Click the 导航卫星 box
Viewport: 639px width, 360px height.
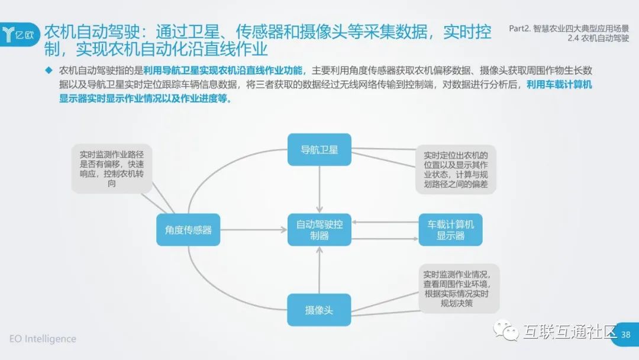coord(319,149)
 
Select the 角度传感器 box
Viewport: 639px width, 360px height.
coord(188,230)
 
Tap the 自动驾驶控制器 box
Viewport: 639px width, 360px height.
coord(319,230)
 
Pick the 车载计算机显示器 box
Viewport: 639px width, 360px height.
coord(450,230)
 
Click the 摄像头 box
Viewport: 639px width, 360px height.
coord(319,310)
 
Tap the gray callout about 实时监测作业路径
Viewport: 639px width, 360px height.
coord(111,168)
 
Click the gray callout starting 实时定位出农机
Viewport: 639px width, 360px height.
coord(456,169)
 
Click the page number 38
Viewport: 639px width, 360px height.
coord(625,335)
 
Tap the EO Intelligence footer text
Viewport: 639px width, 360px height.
coord(43,339)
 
